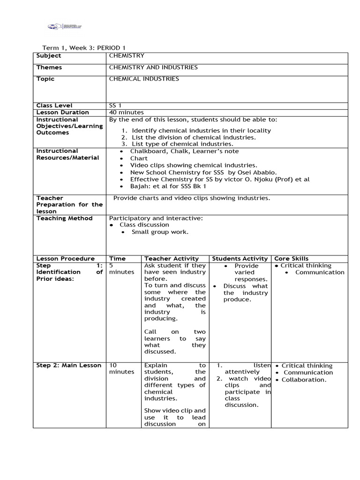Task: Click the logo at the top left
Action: (x=65, y=26)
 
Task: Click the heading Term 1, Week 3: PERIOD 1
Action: (x=84, y=48)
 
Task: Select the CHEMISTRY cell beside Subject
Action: (x=127, y=56)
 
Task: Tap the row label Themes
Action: (x=49, y=67)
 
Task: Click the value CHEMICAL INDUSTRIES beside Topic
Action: (x=144, y=79)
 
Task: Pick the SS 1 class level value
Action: (x=115, y=105)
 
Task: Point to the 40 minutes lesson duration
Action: (x=126, y=112)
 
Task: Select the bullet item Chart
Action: (x=139, y=158)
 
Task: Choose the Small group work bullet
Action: (x=160, y=232)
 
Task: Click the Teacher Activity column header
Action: (x=172, y=259)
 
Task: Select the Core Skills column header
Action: (x=291, y=259)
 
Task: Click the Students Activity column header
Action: (x=240, y=259)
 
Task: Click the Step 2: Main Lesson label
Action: (x=69, y=366)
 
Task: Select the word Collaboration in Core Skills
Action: (x=304, y=380)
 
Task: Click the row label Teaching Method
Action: (x=64, y=218)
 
